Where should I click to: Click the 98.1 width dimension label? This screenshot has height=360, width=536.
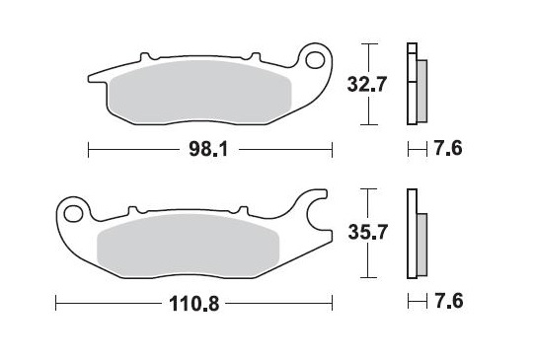pyautogui.click(x=209, y=150)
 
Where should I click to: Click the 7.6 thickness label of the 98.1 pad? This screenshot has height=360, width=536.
pyautogui.click(x=447, y=150)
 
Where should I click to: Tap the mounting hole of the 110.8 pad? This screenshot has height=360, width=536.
pyautogui.click(x=72, y=211)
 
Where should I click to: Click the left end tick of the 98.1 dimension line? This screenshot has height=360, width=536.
pyautogui.click(x=89, y=150)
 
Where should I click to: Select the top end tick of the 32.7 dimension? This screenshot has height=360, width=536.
pyautogui.click(x=368, y=44)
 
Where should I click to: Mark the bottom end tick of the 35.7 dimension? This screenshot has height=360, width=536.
pyautogui.click(x=368, y=278)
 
